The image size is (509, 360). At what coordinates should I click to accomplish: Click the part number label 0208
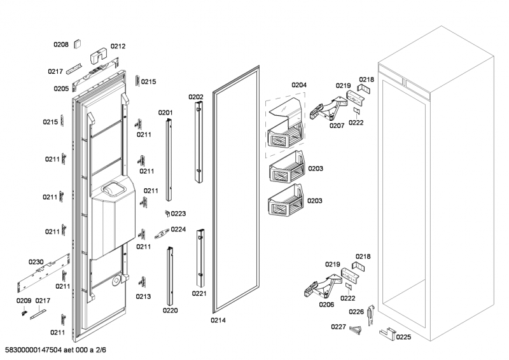[x=60, y=45]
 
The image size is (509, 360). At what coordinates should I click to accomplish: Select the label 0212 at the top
[x=118, y=46]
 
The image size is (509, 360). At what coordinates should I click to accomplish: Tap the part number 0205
[x=61, y=89]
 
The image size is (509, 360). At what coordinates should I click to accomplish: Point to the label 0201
[x=165, y=113]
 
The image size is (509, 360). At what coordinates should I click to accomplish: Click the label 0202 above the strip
[x=195, y=97]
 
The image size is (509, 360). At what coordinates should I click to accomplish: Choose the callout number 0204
[x=299, y=85]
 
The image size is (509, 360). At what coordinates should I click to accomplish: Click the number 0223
[x=178, y=214]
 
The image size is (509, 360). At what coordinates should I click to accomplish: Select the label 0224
[x=178, y=230]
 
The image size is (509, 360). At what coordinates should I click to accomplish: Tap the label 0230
[x=36, y=262]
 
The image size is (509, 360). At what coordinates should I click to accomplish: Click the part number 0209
[x=24, y=300]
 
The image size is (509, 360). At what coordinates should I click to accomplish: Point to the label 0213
[x=143, y=296]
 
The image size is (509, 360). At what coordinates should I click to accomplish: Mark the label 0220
[x=170, y=310]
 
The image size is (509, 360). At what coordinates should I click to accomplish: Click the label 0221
[x=200, y=294]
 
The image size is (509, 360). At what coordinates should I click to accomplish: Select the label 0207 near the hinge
[x=337, y=125]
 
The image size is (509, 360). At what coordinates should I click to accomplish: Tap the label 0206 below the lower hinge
[x=326, y=304]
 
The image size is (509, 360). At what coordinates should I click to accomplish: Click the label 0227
[x=338, y=327]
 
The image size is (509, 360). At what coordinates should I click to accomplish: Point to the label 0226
[x=356, y=312]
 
